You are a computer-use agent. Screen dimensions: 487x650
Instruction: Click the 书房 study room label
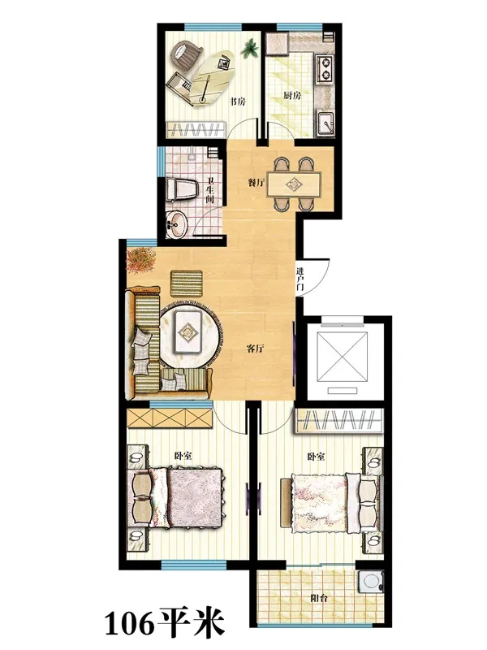tap(238, 101)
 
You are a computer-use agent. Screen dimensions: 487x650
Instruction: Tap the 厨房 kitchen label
tap(292, 96)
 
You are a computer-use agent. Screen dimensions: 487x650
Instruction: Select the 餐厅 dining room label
tap(256, 182)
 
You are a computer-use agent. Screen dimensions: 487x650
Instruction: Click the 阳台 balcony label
tap(319, 598)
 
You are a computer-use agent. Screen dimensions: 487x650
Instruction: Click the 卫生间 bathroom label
tap(210, 190)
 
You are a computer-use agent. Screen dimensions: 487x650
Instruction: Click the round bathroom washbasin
tap(177, 225)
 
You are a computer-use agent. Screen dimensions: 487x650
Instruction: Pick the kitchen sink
tap(327, 124)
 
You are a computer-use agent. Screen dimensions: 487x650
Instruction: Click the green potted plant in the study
tap(250, 50)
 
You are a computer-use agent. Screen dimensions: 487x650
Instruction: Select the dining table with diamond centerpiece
tap(294, 184)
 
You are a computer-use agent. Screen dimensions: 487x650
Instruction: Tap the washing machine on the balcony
tap(372, 581)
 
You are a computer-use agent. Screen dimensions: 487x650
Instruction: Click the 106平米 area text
tap(165, 622)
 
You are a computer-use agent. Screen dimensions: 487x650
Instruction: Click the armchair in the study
tap(186, 55)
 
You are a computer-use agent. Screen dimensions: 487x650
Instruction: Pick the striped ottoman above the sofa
tap(187, 284)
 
